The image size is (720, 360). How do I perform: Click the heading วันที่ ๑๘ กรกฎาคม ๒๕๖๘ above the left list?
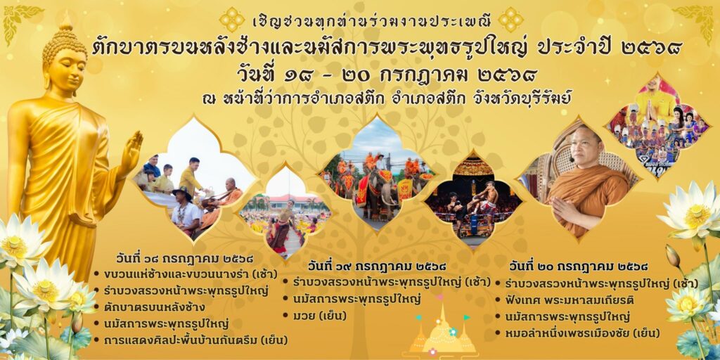tap(185, 259)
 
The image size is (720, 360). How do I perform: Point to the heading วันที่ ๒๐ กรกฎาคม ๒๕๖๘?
tap(579, 266)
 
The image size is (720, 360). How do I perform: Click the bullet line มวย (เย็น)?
tap(314, 316)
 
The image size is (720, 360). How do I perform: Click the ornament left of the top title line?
tap(232, 20)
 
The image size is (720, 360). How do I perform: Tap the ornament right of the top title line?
tap(510, 20)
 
